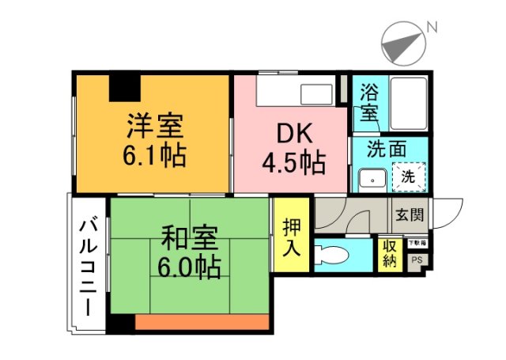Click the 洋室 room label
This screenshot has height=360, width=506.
click(154, 126)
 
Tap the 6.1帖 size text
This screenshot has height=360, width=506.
click(154, 154)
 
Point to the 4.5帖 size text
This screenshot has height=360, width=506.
click(293, 164)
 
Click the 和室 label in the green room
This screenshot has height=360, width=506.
click(190, 237)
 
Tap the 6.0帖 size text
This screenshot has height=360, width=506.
click(190, 266)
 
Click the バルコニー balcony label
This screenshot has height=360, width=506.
click(88, 265)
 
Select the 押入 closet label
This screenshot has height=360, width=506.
click(292, 237)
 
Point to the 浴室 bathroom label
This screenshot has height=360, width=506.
click(368, 102)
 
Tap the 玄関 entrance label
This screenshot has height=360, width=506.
click(410, 214)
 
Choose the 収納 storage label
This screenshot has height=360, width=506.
click(390, 255)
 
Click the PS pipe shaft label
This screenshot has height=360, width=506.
click(417, 260)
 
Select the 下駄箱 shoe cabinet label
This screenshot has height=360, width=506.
click(417, 243)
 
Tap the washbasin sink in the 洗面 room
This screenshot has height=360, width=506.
click(369, 178)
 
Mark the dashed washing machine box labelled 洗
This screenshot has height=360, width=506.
click(408, 177)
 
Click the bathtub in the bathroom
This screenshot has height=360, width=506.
click(406, 104)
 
